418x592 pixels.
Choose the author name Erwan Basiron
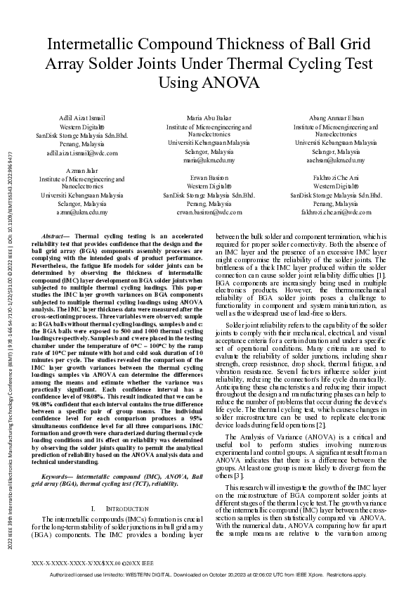coord(209,178)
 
